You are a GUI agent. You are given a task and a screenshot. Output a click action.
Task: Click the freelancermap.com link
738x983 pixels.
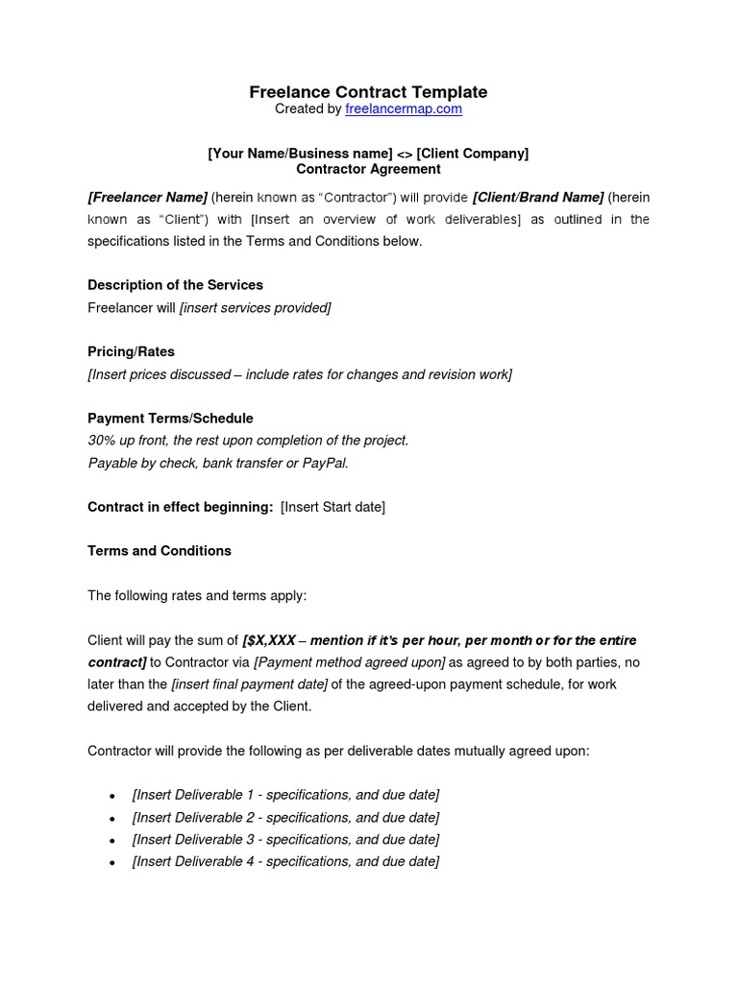(404, 109)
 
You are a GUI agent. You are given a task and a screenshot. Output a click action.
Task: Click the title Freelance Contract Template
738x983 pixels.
(368, 92)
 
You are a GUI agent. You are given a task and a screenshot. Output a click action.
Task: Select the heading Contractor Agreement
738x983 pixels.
(368, 169)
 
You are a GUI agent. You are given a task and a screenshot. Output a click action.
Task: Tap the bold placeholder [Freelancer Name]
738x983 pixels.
(147, 197)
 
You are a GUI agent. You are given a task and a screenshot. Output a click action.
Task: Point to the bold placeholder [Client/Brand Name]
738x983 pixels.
(538, 197)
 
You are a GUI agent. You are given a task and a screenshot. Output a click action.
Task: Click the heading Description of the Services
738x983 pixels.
(175, 285)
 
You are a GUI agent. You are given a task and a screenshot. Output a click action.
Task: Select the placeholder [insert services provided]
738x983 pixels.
(255, 307)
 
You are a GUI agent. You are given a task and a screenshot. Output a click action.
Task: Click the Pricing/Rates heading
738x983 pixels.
(131, 351)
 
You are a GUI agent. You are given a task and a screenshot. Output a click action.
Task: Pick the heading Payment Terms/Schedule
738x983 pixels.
(170, 419)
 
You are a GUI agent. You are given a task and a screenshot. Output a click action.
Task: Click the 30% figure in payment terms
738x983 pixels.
(102, 441)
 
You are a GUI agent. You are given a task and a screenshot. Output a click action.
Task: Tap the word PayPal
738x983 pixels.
(325, 463)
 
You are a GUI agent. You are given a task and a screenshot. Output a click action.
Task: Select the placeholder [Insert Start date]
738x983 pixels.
(332, 507)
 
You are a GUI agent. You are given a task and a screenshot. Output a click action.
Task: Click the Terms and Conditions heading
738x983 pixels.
(160, 551)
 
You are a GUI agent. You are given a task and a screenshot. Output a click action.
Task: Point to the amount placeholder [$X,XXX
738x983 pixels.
(269, 640)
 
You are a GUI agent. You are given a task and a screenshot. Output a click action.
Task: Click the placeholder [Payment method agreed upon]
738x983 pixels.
(350, 662)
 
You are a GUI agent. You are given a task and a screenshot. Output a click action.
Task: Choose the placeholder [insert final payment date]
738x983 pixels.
(250, 684)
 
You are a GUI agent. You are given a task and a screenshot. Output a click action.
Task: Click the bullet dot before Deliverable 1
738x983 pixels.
(113, 796)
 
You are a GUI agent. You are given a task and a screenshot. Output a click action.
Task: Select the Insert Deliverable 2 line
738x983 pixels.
(285, 817)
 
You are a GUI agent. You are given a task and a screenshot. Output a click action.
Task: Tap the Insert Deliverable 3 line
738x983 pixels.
(285, 839)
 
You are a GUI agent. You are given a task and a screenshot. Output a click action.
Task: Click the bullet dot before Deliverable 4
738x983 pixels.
(113, 863)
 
